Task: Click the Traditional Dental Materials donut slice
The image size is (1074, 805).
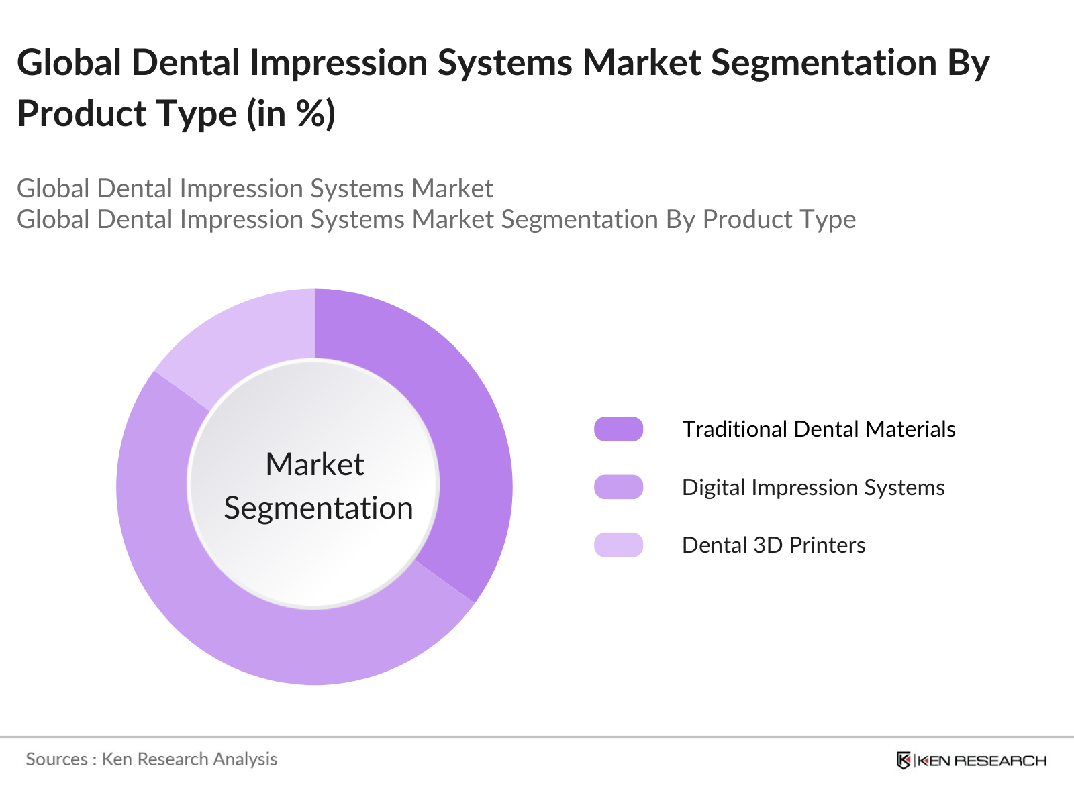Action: [463, 429]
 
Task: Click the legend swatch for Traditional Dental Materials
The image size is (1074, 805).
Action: [618, 429]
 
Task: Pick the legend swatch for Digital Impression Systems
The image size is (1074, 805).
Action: [618, 487]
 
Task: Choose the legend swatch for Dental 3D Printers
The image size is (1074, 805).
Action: [618, 545]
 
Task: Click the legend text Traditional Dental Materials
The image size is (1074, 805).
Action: [818, 429]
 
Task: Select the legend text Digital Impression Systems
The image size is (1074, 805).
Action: [813, 488]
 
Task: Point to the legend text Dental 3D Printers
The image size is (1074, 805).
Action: [773, 545]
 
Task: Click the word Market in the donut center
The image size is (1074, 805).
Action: [314, 464]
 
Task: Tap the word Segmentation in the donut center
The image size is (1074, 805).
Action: [318, 508]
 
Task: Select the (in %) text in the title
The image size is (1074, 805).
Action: [291, 113]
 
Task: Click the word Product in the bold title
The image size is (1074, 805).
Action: [82, 113]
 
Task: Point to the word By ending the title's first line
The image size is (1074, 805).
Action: [969, 63]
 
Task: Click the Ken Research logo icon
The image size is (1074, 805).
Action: [904, 760]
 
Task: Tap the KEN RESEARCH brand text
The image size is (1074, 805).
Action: [981, 761]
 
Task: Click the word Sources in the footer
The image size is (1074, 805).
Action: [56, 759]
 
